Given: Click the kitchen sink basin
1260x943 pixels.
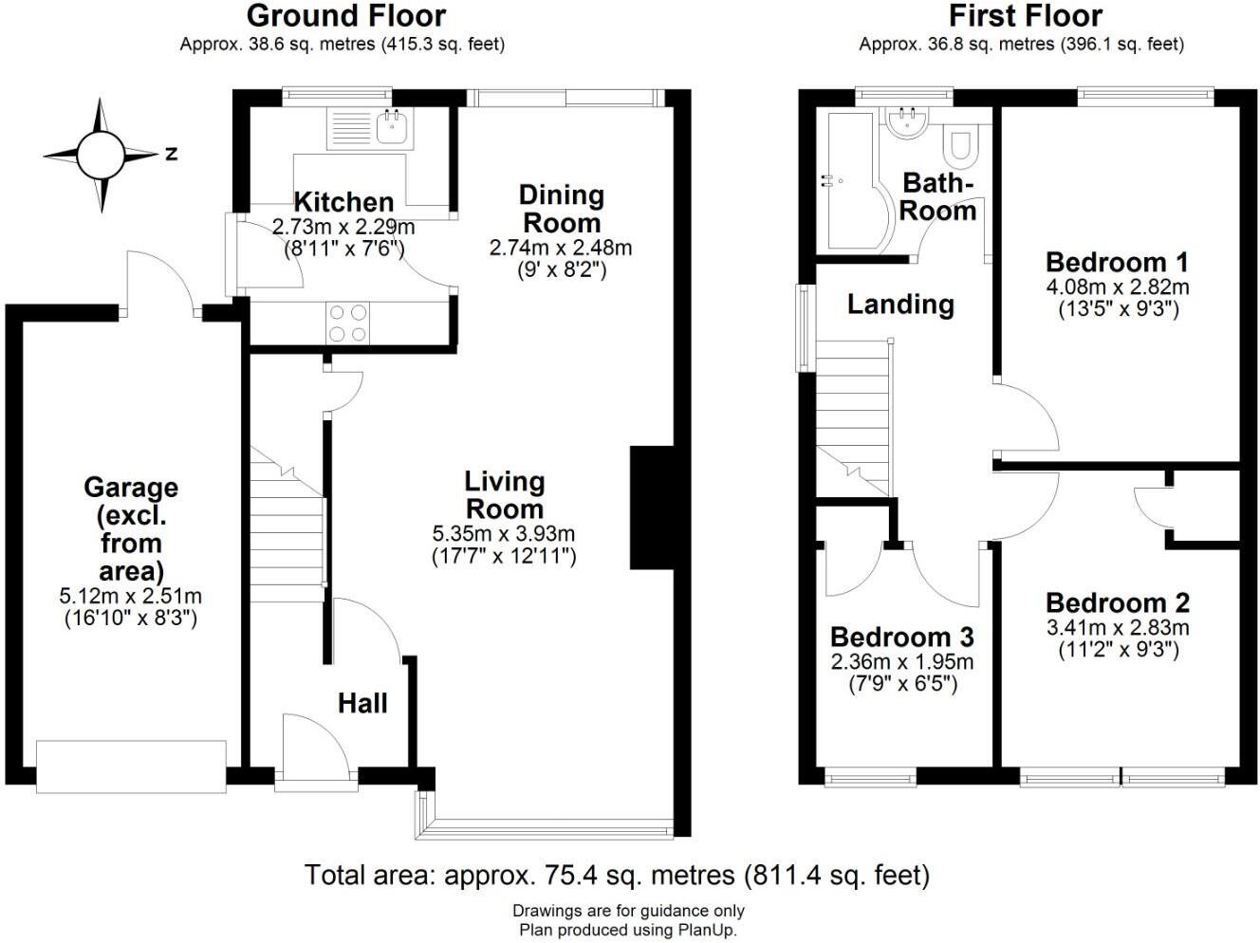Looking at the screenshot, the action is [x=393, y=126].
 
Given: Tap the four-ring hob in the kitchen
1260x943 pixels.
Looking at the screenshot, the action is [x=348, y=324].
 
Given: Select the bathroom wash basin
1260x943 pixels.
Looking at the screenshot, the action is [x=907, y=122].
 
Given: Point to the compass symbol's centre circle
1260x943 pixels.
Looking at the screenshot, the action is [x=101, y=156].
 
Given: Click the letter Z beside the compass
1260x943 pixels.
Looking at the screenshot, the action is [x=171, y=154].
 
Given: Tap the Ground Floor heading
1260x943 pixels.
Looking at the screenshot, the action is [x=346, y=16].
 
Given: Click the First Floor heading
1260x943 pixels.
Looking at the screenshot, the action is [x=1026, y=16].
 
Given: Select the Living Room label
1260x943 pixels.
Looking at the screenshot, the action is [x=505, y=495].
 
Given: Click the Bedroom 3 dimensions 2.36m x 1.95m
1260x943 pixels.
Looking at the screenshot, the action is [x=901, y=662].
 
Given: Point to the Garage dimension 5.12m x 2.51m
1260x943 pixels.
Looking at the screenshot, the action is [x=130, y=597].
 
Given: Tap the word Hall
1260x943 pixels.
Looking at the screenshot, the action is [x=362, y=704].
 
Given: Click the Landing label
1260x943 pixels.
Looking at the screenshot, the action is [x=900, y=305].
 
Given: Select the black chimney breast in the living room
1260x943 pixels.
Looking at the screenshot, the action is [x=652, y=508].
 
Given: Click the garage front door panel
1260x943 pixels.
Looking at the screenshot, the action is [x=131, y=767].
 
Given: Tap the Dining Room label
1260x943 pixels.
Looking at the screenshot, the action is [x=562, y=209].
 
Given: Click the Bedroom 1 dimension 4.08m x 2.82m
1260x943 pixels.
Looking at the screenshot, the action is [x=1118, y=287].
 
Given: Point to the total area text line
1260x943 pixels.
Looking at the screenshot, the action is [x=617, y=876].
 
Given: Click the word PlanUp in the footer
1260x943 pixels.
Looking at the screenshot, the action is [x=706, y=930].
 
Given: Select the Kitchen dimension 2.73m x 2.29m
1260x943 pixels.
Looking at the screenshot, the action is [x=343, y=228].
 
